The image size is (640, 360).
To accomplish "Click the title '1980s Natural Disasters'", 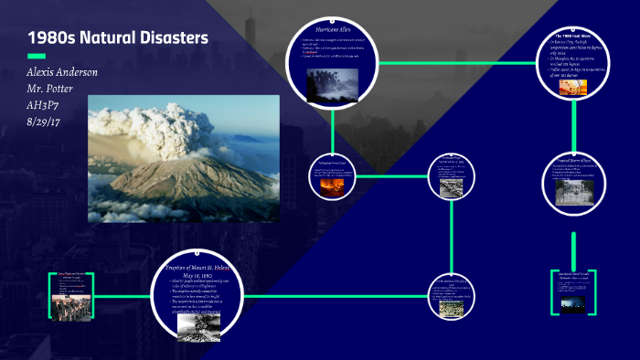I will (x=118, y=37).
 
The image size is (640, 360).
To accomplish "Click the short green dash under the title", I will (x=37, y=57).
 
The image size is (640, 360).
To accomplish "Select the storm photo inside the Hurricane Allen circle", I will (x=332, y=82).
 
